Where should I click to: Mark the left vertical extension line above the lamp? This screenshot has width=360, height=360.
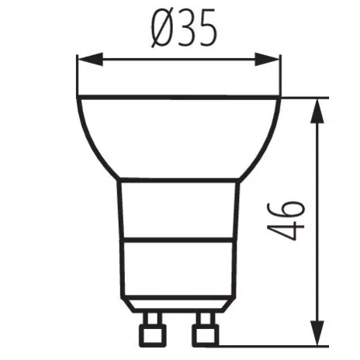point(77,74)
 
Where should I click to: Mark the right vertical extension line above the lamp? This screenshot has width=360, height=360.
point(279,74)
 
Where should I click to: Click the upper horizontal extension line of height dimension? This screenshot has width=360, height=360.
point(303,96)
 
